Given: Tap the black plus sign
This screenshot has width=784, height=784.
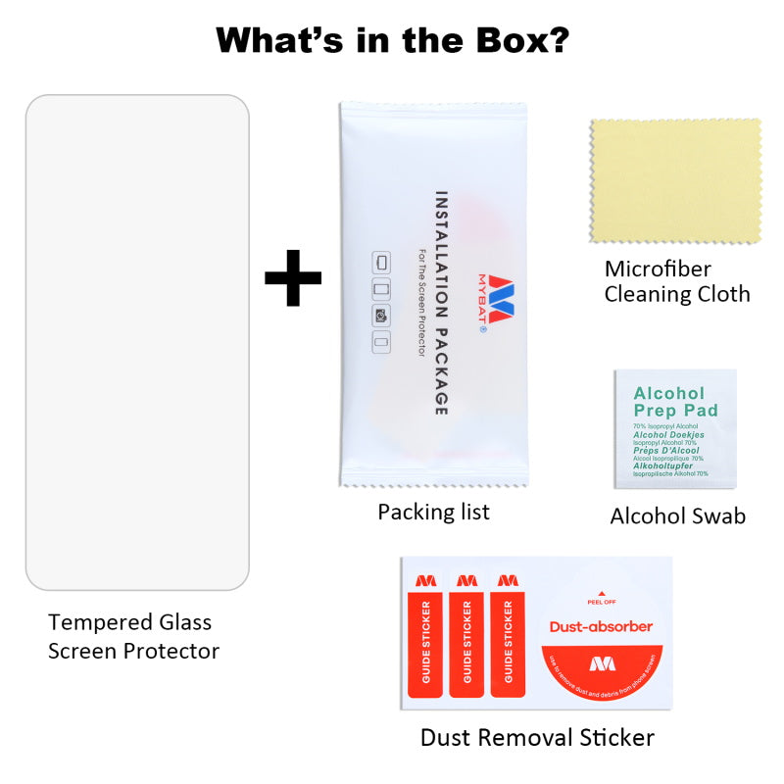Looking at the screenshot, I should (x=293, y=277).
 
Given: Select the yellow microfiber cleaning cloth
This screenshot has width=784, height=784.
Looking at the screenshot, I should (x=675, y=181).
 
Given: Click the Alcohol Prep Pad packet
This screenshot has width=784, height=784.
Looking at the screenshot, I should (x=674, y=427).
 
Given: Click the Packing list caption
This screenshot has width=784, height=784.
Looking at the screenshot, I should (x=433, y=512).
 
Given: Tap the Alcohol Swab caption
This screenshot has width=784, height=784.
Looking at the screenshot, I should (x=677, y=515).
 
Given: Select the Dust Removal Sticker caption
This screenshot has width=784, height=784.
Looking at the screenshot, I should (x=537, y=737).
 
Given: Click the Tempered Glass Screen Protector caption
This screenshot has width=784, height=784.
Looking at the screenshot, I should (x=133, y=636).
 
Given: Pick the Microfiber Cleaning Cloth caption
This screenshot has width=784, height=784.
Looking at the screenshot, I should (x=677, y=281).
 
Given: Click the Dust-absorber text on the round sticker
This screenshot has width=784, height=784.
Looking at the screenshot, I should (x=601, y=626).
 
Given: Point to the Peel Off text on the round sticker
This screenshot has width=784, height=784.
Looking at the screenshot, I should (x=602, y=602).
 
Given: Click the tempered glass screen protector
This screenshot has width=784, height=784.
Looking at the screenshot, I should (x=137, y=342).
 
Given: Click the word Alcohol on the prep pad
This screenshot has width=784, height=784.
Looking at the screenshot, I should (x=669, y=393).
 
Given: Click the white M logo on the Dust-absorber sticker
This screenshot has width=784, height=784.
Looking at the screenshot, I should (x=602, y=663).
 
